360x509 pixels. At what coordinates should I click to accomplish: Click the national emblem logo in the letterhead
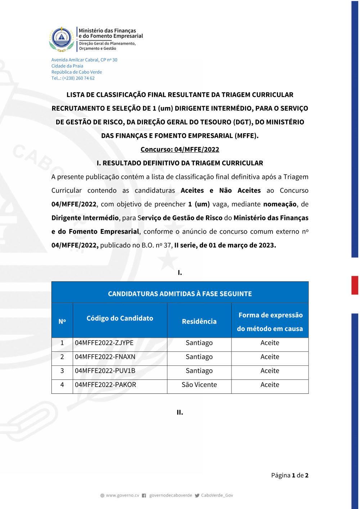click(x=62, y=39)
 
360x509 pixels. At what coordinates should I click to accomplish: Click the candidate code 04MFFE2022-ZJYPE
click(x=104, y=343)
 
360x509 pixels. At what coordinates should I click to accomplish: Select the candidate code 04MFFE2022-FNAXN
click(x=105, y=357)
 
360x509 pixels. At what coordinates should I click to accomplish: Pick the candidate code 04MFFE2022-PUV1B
click(x=105, y=371)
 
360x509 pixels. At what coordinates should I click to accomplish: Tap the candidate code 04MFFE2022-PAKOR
click(x=105, y=385)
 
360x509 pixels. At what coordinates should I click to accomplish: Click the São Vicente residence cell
click(x=199, y=385)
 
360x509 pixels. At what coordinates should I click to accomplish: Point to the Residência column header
click(x=199, y=321)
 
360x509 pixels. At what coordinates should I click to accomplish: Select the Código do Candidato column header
click(x=120, y=318)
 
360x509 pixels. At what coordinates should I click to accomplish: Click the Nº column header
click(x=62, y=321)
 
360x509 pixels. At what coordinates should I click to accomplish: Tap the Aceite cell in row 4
click(x=270, y=385)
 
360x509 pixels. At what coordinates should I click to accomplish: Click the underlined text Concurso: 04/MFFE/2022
click(x=180, y=149)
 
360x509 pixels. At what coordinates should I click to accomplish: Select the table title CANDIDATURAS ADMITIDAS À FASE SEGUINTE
click(x=180, y=294)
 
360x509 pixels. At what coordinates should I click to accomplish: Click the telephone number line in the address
click(x=73, y=78)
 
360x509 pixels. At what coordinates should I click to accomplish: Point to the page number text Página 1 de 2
click(x=289, y=476)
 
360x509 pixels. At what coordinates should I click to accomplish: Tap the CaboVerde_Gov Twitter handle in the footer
click(x=217, y=496)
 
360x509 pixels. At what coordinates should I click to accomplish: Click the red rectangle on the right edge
click(x=355, y=285)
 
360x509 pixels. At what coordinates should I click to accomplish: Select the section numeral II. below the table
click(x=180, y=413)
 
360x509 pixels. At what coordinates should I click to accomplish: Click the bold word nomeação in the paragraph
click(x=280, y=204)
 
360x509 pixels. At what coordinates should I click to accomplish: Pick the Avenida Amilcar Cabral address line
click(x=84, y=60)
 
